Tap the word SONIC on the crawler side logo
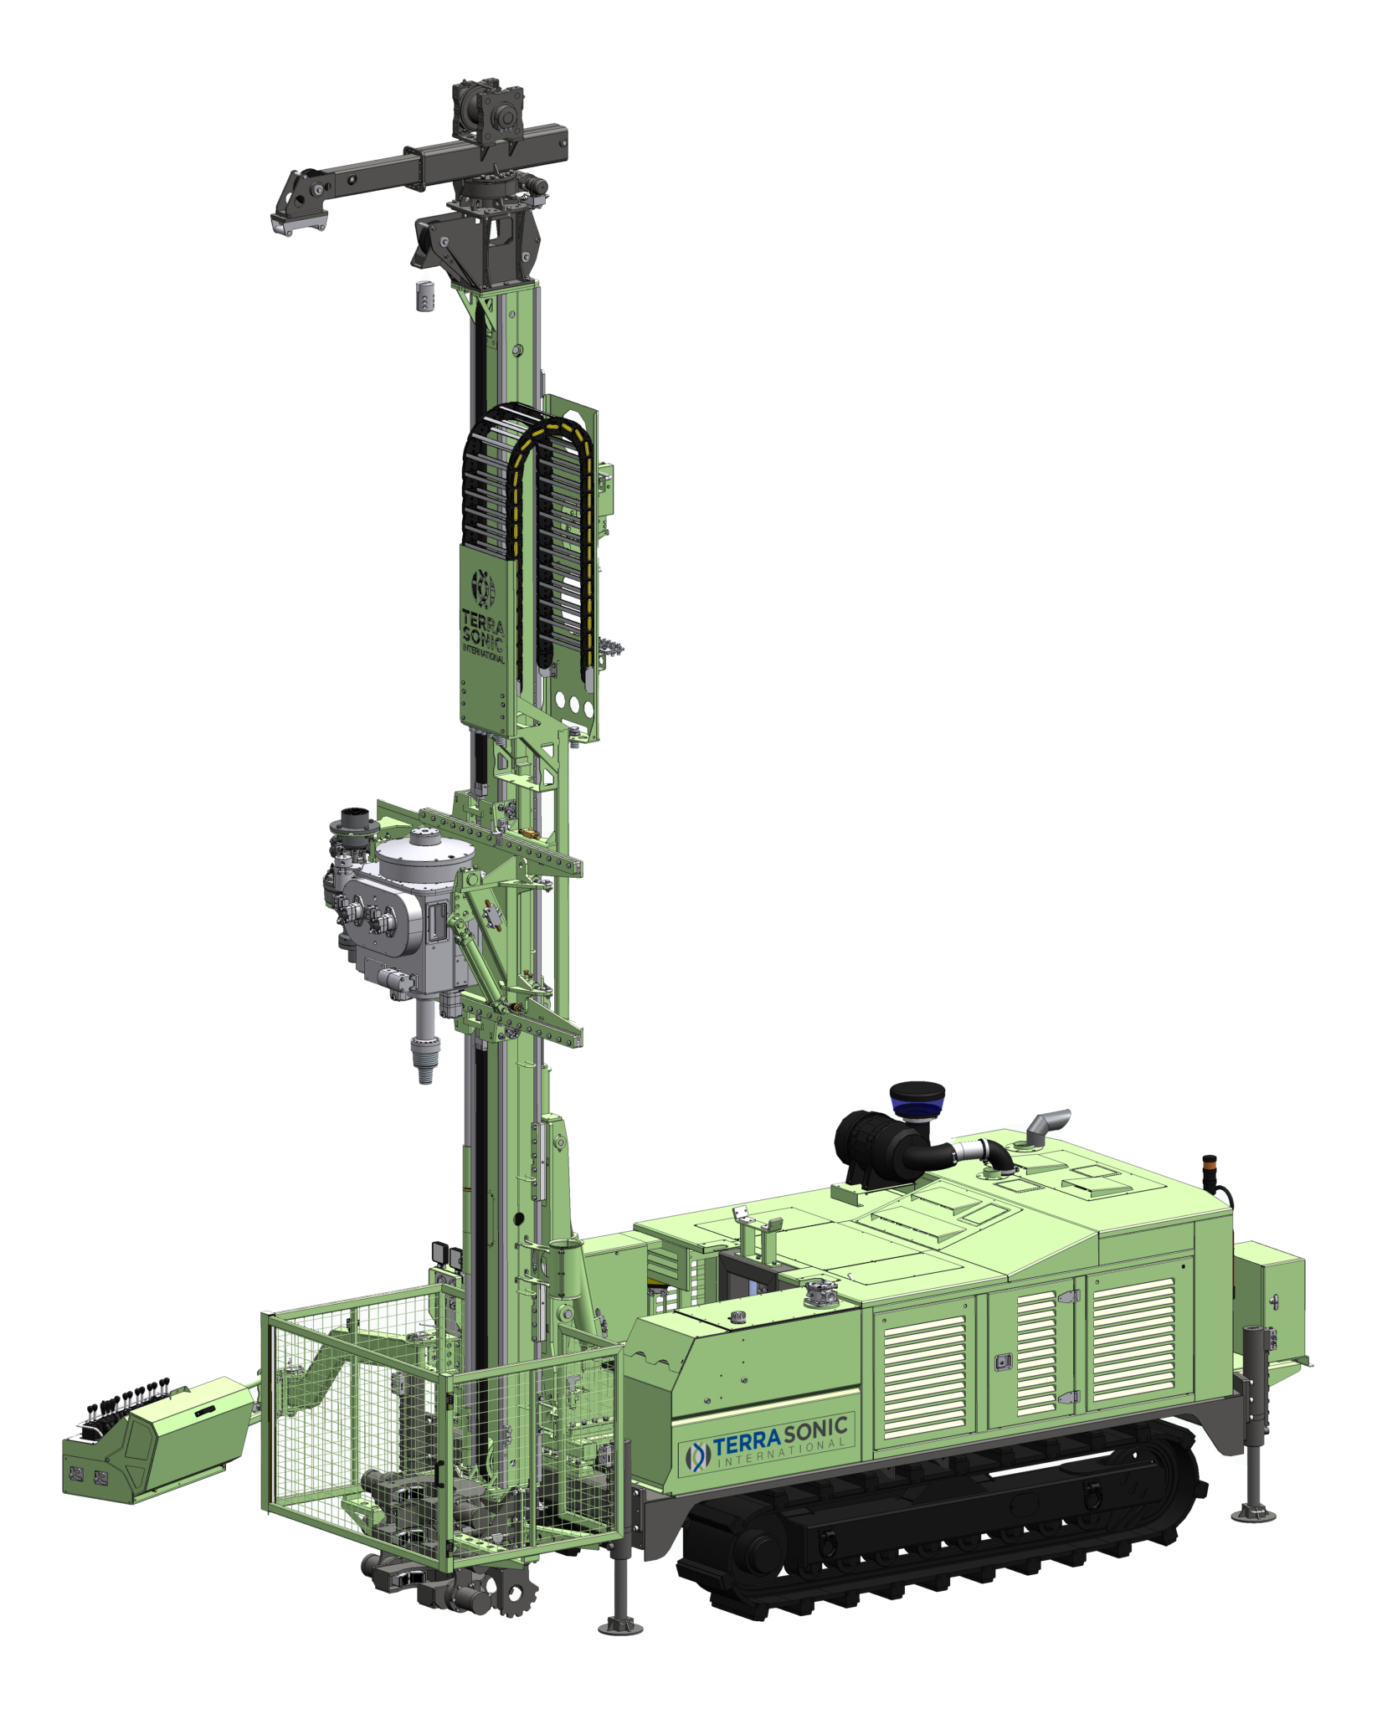[x=815, y=1432]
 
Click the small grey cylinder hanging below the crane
[x=426, y=295]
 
